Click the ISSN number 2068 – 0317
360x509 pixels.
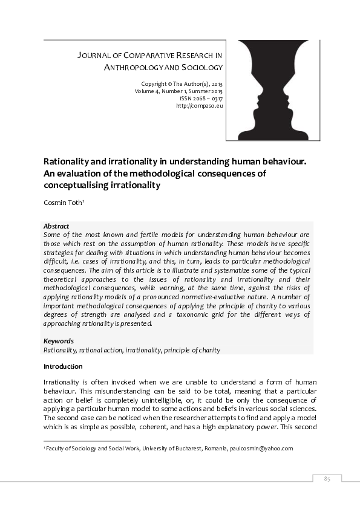tap(201, 98)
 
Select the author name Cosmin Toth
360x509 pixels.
tap(66, 203)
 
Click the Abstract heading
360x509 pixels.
tap(56, 226)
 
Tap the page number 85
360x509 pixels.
tap(327, 479)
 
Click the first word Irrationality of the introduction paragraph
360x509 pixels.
tap(62, 383)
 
